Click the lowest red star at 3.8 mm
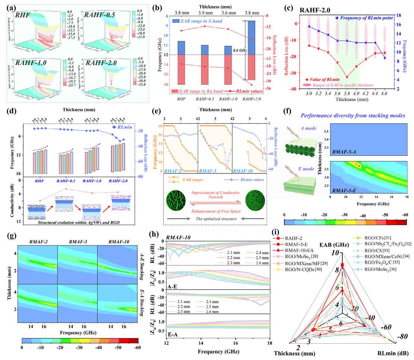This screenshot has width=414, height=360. tap(347, 77)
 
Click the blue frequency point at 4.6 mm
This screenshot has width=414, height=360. tap(385, 58)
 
